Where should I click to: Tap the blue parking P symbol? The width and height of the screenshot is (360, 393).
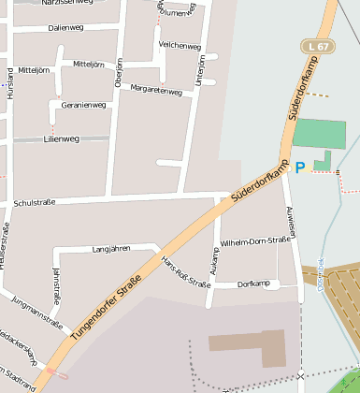pos(300,167)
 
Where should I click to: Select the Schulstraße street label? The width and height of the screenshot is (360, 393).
pos(36,202)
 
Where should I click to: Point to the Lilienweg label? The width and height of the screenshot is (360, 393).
pos(62,138)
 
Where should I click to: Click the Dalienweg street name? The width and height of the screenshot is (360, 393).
pos(65,28)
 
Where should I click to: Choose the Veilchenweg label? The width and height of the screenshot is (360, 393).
pos(180,46)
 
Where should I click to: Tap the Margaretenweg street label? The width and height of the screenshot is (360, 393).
pos(156,91)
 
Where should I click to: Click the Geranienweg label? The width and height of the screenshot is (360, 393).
pos(83,105)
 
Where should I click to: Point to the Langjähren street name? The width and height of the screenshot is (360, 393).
pos(112,249)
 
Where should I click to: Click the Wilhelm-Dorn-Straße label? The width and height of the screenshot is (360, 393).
pos(254,241)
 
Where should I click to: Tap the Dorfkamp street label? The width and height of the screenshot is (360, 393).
pos(253,284)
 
